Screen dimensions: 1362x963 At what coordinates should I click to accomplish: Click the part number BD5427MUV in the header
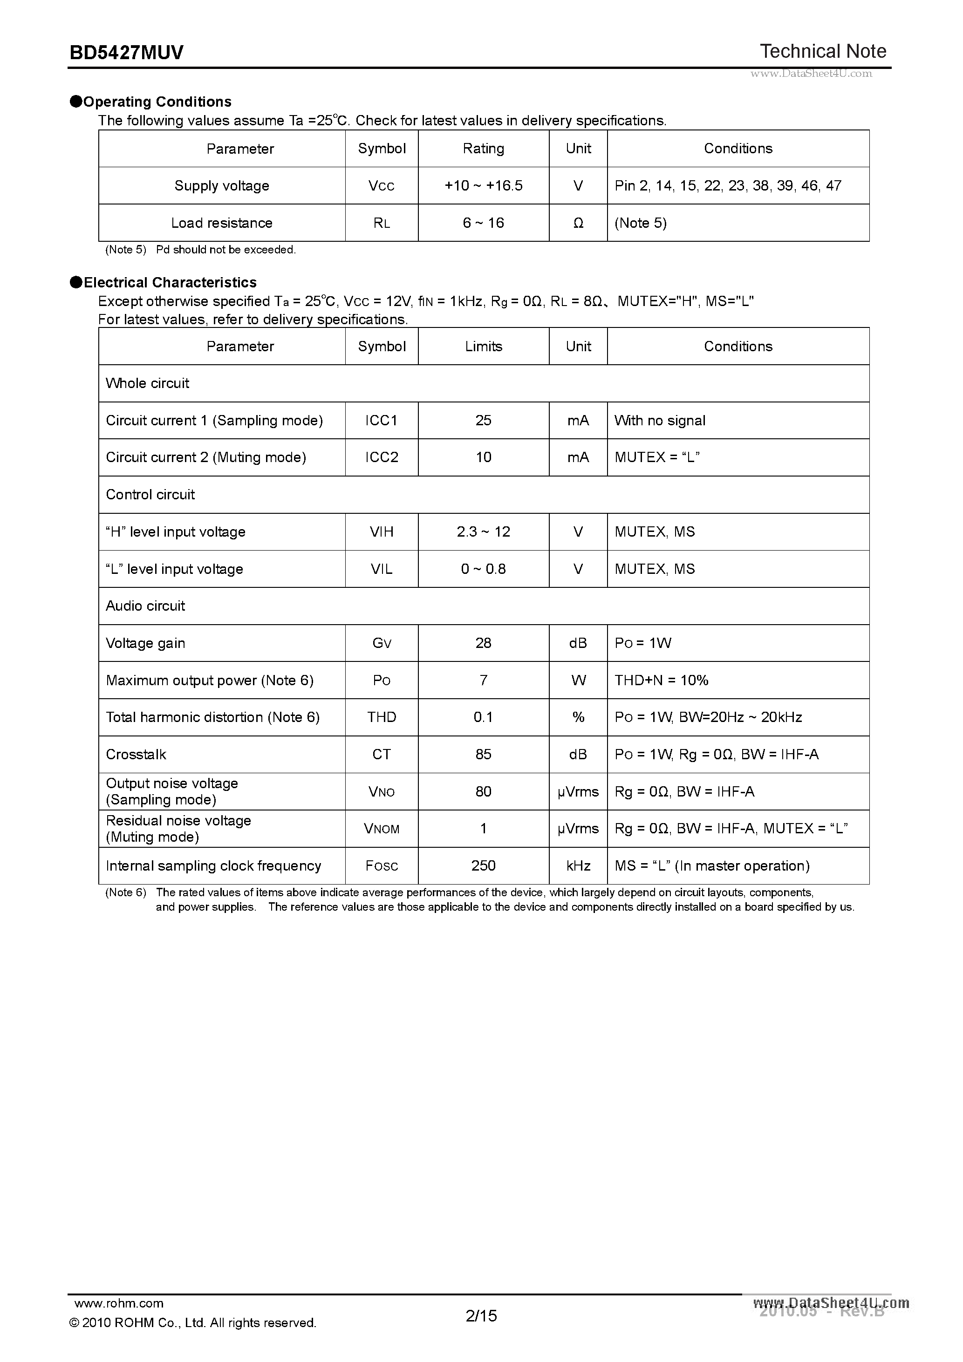[x=126, y=53]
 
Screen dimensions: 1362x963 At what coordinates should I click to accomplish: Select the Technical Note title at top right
[x=822, y=52]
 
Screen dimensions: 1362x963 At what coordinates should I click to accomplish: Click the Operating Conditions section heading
[x=157, y=102]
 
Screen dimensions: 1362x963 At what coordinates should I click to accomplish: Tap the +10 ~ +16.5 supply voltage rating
[x=483, y=186]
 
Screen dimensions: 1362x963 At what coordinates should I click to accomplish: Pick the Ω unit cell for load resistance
[x=578, y=223]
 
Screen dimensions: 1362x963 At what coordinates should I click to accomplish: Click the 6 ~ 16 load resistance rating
[x=483, y=223]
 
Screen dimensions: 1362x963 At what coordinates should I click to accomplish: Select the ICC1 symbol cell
[x=382, y=421]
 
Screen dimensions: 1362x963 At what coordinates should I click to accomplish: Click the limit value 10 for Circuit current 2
[x=483, y=457]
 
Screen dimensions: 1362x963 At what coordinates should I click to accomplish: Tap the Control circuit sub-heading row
[x=150, y=495]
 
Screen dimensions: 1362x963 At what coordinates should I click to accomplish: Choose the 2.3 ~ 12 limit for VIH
[x=483, y=532]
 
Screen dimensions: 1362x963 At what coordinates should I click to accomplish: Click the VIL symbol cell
[x=382, y=570]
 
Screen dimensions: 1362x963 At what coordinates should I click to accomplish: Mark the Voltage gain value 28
[x=483, y=644]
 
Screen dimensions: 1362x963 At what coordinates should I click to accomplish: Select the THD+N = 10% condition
[x=661, y=681]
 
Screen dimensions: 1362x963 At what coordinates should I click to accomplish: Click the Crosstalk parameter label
[x=136, y=755]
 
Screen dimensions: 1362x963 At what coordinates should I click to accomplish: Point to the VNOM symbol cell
[x=382, y=829]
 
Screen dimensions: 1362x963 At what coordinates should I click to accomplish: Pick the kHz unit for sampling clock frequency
[x=578, y=866]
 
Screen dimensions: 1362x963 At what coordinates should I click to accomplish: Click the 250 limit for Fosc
[x=483, y=866]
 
